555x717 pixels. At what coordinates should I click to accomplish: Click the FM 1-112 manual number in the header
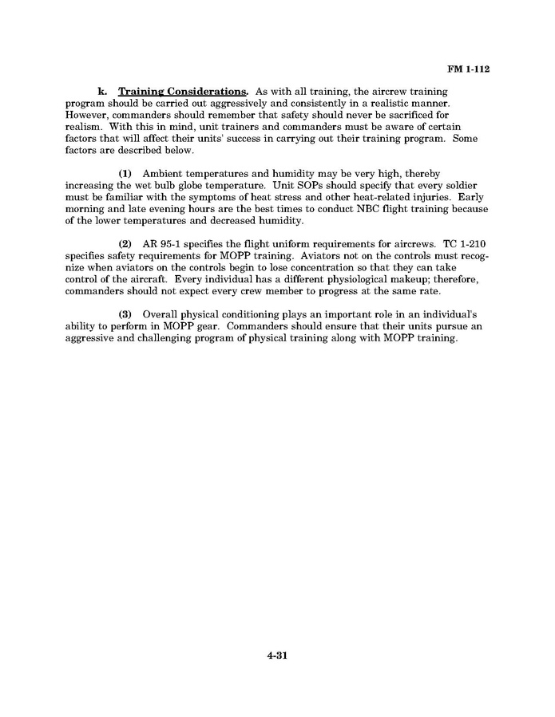click(467, 69)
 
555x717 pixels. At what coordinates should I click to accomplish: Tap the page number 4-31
click(277, 656)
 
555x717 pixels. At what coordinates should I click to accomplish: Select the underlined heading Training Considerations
click(184, 93)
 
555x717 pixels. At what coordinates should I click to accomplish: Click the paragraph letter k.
click(102, 93)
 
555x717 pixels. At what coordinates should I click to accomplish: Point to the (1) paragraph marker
click(125, 173)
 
